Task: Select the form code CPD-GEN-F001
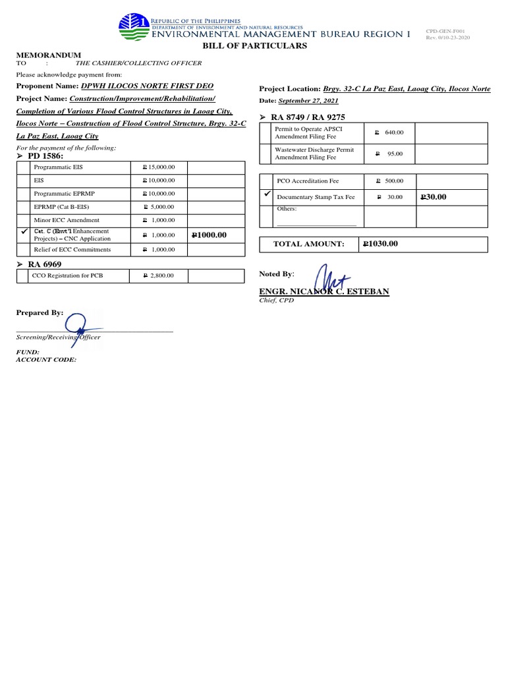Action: (x=446, y=30)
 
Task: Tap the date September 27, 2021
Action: (x=309, y=101)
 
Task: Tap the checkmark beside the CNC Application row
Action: (x=24, y=233)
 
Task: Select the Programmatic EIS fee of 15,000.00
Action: (x=159, y=168)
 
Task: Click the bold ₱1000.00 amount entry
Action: (x=209, y=235)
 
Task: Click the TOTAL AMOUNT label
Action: (x=309, y=245)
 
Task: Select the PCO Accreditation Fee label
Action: (x=308, y=181)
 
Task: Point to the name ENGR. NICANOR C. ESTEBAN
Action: (x=323, y=291)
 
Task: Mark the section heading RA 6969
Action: (x=44, y=264)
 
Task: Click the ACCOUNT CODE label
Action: (x=46, y=360)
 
